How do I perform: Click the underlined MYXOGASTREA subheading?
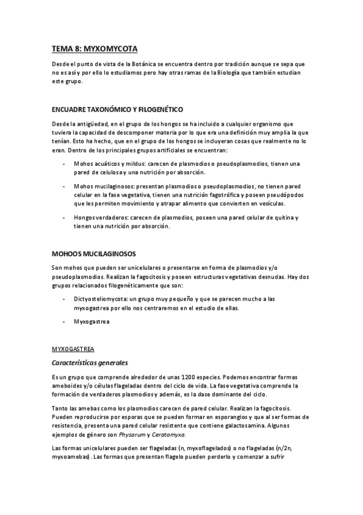[x=72, y=349]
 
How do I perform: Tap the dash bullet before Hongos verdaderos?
[x=65, y=217]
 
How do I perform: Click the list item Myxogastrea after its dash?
[x=92, y=322]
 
